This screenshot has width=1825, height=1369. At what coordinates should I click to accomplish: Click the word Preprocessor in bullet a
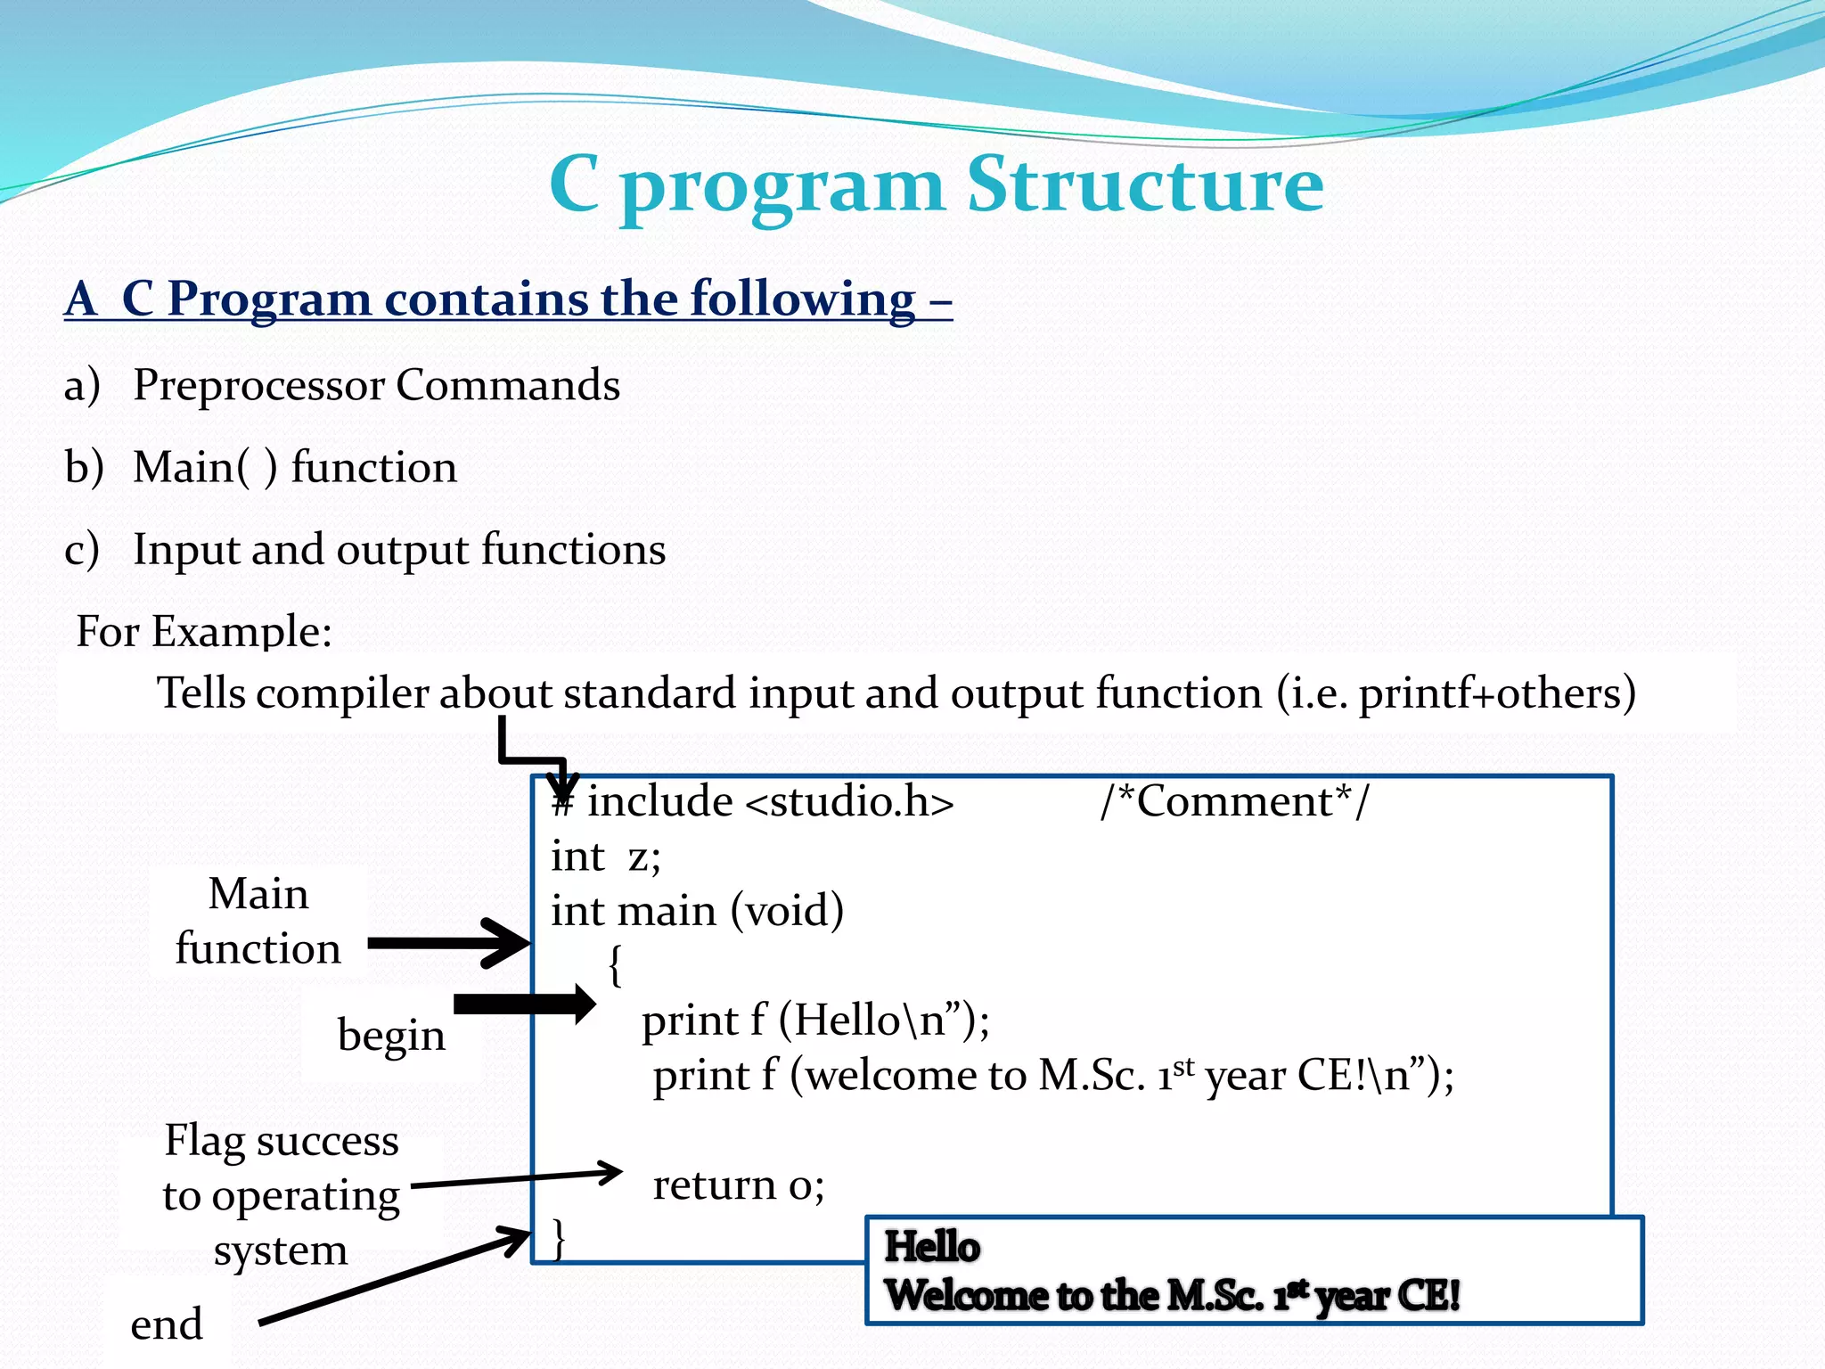[258, 385]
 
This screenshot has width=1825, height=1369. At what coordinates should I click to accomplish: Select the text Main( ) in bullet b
[205, 467]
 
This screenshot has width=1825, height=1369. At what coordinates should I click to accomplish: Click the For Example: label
[204, 631]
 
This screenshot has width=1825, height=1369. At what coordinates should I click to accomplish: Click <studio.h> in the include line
[849, 801]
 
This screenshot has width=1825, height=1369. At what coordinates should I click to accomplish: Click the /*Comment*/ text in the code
[1234, 801]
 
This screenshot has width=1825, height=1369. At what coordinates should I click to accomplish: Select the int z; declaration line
[606, 857]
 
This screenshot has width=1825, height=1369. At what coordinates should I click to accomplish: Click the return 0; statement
[738, 1185]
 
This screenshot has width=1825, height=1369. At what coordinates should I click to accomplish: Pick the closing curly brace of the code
[559, 1239]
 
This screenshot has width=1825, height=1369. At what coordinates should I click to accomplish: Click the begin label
[391, 1036]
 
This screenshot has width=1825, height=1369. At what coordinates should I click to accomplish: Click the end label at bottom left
[167, 1324]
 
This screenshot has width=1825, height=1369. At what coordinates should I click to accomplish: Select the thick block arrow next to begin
[524, 1004]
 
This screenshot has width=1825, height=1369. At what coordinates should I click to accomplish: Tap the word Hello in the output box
[931, 1246]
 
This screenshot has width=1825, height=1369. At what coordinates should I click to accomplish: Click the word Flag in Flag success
[204, 1141]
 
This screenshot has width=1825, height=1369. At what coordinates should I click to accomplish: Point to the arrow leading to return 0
[517, 1179]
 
